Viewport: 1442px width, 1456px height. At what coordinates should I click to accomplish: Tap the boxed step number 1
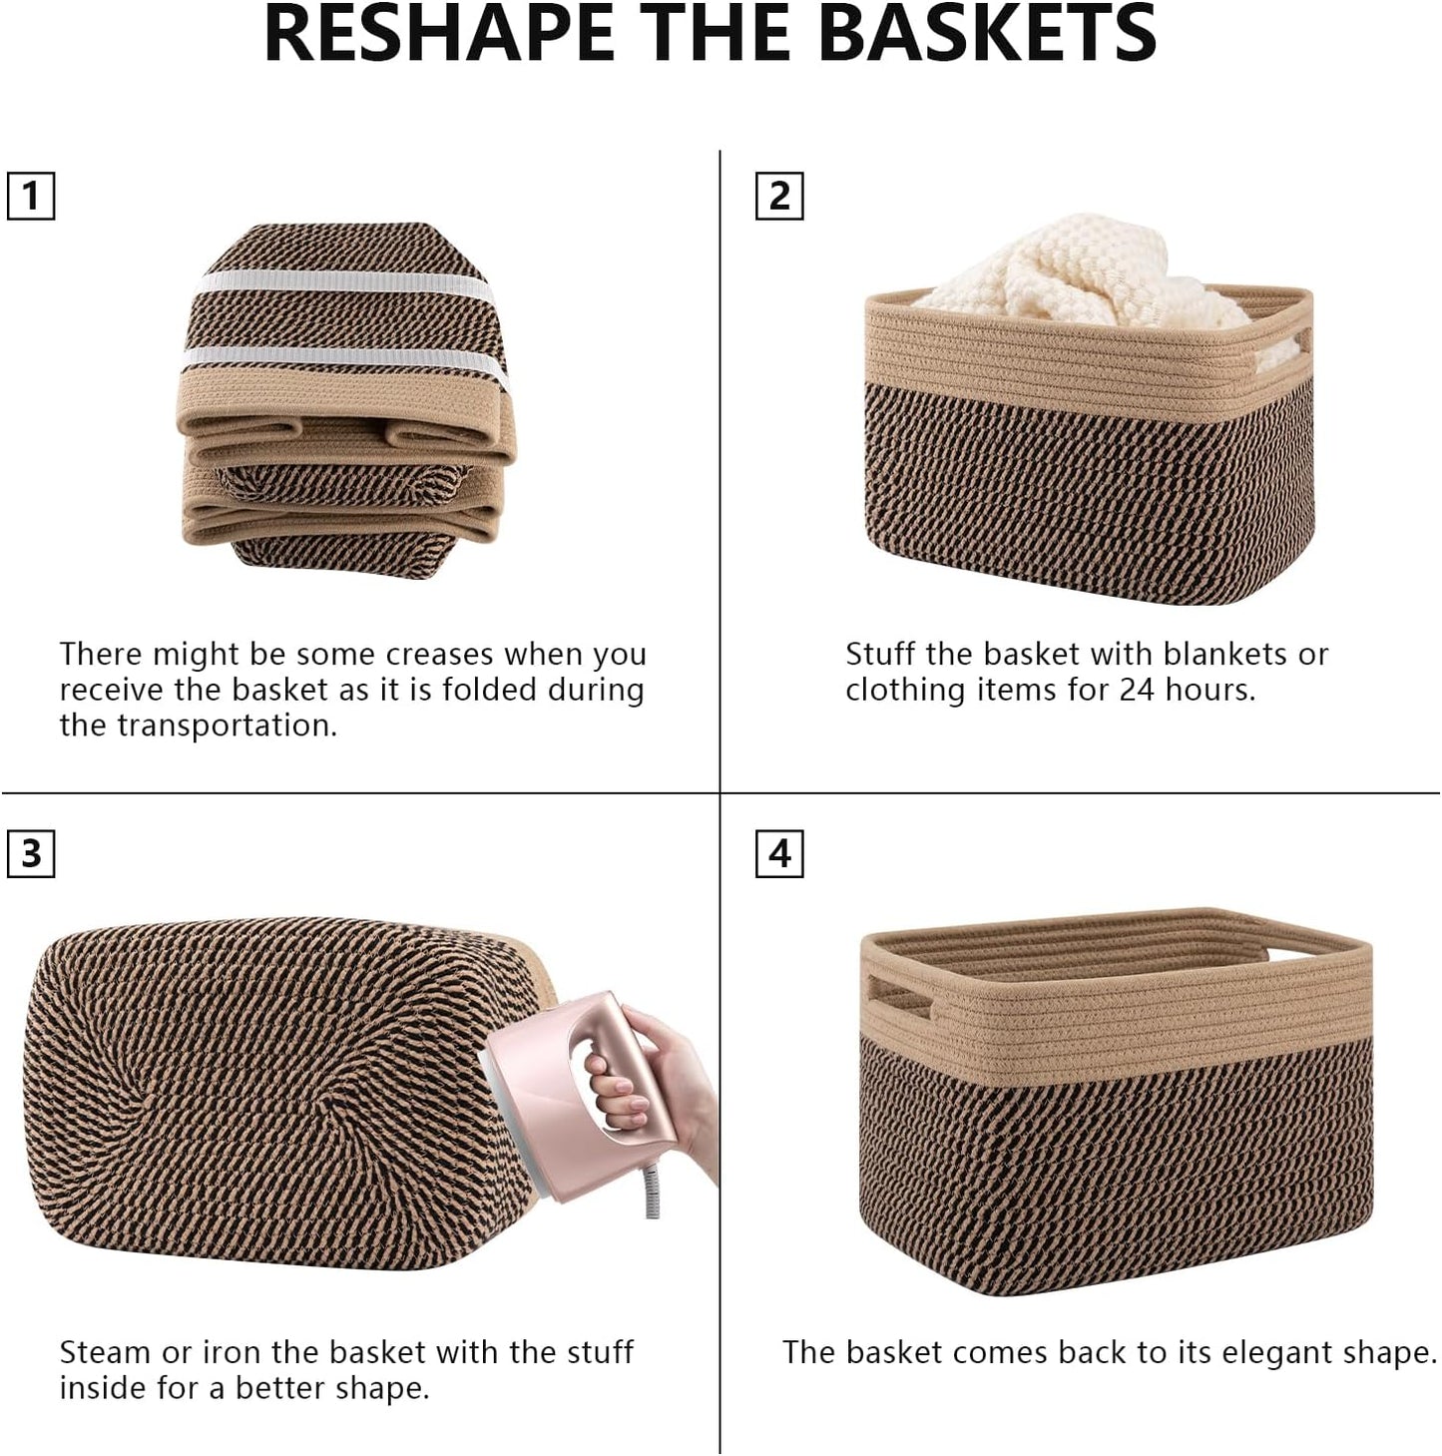coord(31,196)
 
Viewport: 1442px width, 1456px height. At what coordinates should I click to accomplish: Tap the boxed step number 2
coord(779,196)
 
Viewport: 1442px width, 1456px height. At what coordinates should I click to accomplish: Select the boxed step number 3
coord(31,854)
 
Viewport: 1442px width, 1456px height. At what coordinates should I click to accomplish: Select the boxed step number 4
coord(779,854)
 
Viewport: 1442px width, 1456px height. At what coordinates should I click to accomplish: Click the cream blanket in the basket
coord(1078,269)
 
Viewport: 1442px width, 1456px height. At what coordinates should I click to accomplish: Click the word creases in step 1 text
coord(439,655)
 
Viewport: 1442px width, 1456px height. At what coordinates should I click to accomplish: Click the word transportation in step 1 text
coord(240,726)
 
